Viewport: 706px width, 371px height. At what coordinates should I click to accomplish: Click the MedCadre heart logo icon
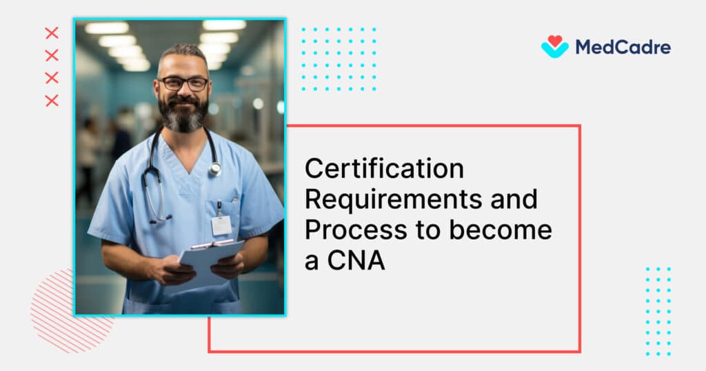pyautogui.click(x=554, y=46)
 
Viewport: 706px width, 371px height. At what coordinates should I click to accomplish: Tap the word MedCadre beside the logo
pyautogui.click(x=622, y=47)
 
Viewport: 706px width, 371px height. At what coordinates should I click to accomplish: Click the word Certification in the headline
pyautogui.click(x=384, y=168)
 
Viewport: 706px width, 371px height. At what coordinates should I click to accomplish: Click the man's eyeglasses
pyautogui.click(x=183, y=83)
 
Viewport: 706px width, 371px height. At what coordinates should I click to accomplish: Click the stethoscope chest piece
pyautogui.click(x=215, y=168)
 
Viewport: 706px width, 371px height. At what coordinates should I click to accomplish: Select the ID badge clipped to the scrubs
pyautogui.click(x=221, y=224)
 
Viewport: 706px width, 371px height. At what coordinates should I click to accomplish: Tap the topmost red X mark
pyautogui.click(x=52, y=33)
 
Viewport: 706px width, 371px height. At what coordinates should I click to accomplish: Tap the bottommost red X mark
pyautogui.click(x=52, y=101)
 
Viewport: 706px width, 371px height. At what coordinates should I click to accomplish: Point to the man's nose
pyautogui.click(x=183, y=92)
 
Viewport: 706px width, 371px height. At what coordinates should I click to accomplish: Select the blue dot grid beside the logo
pyautogui.click(x=339, y=59)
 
